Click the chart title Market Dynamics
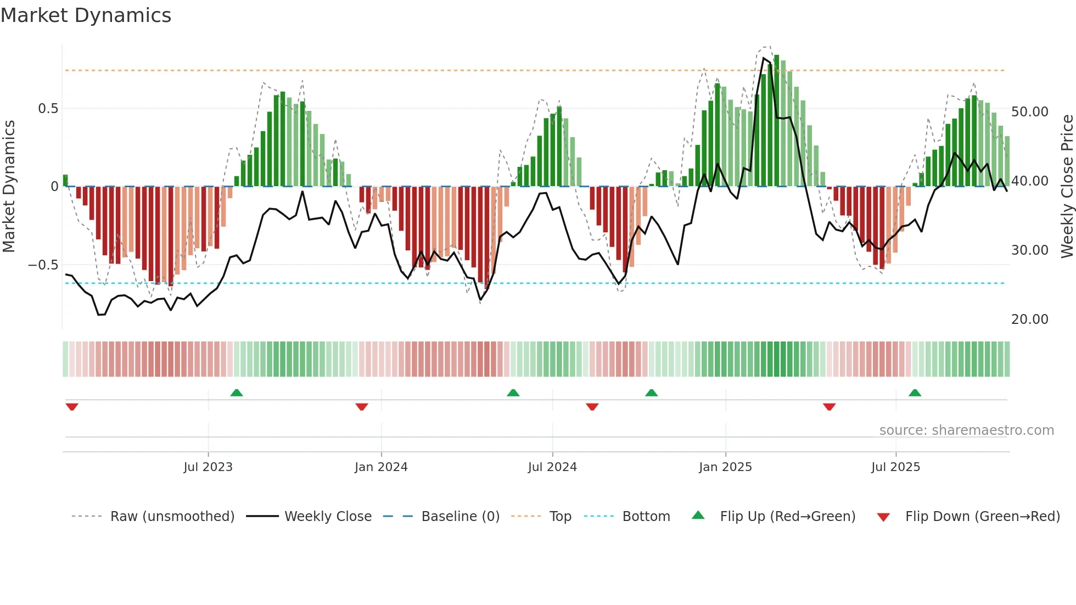pos(86,15)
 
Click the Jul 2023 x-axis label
pos(208,467)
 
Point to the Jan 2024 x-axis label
pos(381,467)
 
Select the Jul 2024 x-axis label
pos(552,467)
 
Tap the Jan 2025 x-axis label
pos(725,467)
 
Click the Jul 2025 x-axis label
pos(895,467)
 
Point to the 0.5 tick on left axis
pos(48,109)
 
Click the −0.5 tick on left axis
pos(43,265)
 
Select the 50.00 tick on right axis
pos(1030,112)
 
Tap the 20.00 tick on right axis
pos(1030,320)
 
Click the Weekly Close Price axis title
pos(1067,187)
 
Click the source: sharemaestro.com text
pos(966,430)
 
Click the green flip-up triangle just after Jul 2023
pos(237,393)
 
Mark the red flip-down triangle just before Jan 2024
pos(361,407)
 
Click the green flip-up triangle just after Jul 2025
pos(915,393)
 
